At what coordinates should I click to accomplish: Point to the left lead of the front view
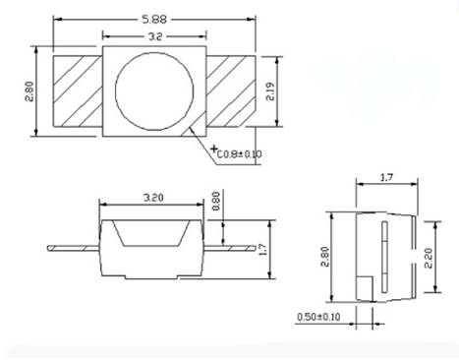click(74, 247)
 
